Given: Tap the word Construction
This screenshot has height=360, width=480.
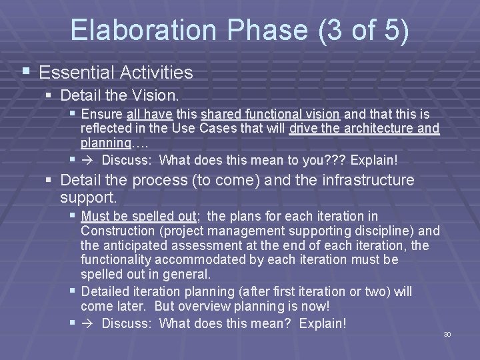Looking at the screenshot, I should pos(116,231).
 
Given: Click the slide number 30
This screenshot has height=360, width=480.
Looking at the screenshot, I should pos(447,334).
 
